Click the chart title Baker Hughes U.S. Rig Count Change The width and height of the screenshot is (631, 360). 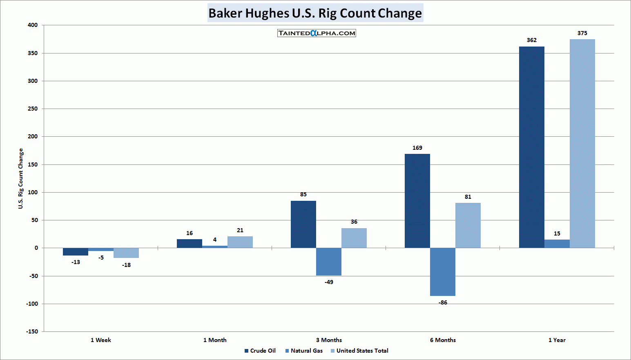[315, 13]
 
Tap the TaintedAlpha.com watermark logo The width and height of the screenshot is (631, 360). [317, 33]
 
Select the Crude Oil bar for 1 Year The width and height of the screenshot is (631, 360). [531, 147]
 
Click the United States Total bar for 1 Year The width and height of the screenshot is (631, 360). [582, 144]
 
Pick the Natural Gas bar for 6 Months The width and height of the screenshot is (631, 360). [443, 272]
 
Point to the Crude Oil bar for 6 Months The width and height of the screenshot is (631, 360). [417, 201]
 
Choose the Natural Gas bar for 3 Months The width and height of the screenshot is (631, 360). [329, 262]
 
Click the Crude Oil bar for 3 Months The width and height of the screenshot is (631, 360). [303, 224]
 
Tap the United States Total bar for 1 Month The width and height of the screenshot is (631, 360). [240, 242]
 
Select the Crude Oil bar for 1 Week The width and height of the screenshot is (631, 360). [76, 251]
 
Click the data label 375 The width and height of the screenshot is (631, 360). [582, 33]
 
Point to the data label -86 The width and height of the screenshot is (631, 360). [443, 302]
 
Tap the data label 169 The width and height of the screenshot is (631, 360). [417, 148]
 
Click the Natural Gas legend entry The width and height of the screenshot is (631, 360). [304, 351]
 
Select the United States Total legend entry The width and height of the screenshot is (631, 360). [359, 351]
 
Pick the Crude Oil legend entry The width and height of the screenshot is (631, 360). [260, 351]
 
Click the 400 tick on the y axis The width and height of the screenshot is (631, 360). [33, 25]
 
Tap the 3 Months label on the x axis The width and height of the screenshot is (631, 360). [329, 340]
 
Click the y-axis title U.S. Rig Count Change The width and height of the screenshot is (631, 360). [21, 178]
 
